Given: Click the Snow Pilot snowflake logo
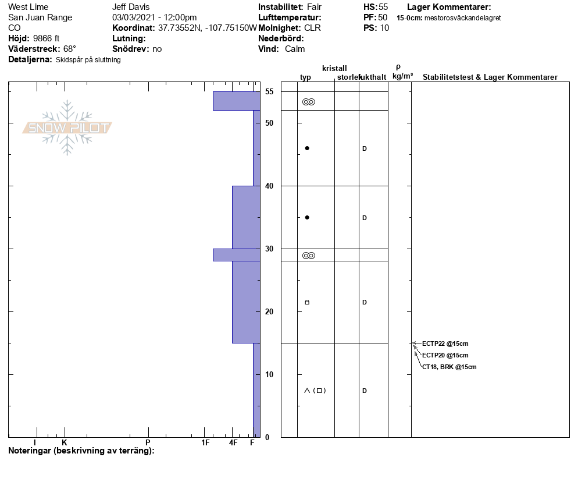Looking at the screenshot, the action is [67, 127].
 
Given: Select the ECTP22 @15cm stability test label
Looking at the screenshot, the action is [445, 343].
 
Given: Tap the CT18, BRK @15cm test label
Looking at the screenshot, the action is [449, 367].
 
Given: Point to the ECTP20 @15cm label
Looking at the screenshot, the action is [445, 355].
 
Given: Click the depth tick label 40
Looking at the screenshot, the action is [269, 186].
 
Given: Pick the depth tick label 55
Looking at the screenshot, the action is [269, 91].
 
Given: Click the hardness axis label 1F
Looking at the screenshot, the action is [205, 442].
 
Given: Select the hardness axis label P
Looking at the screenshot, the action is [148, 442].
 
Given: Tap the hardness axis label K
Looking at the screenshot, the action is [65, 442].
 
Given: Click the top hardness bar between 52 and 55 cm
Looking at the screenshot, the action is [237, 101].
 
